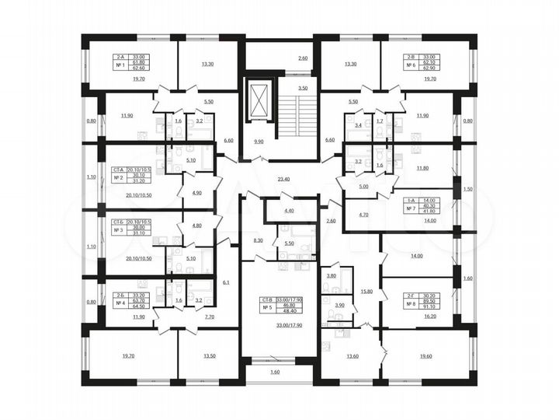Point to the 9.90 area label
point(259,142)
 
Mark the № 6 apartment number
point(411,67)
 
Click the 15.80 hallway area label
point(366,292)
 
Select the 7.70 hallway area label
point(208,317)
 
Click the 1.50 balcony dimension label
point(467,189)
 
